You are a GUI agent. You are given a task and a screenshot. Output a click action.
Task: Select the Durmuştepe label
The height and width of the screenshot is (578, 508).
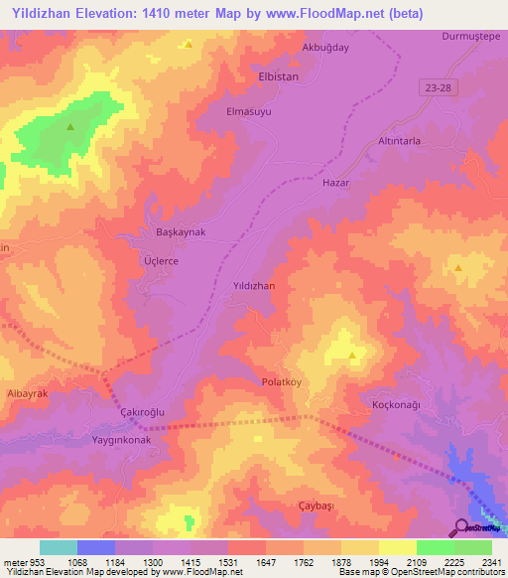tap(467, 36)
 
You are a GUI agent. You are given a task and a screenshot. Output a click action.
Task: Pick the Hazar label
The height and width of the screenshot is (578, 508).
tap(337, 184)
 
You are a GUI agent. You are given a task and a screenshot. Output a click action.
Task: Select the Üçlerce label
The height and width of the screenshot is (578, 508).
tap(154, 260)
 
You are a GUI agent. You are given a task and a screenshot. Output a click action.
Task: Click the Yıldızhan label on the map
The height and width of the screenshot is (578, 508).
tap(253, 285)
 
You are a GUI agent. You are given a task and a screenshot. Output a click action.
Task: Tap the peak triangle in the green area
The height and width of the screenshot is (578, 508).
tap(70, 127)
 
